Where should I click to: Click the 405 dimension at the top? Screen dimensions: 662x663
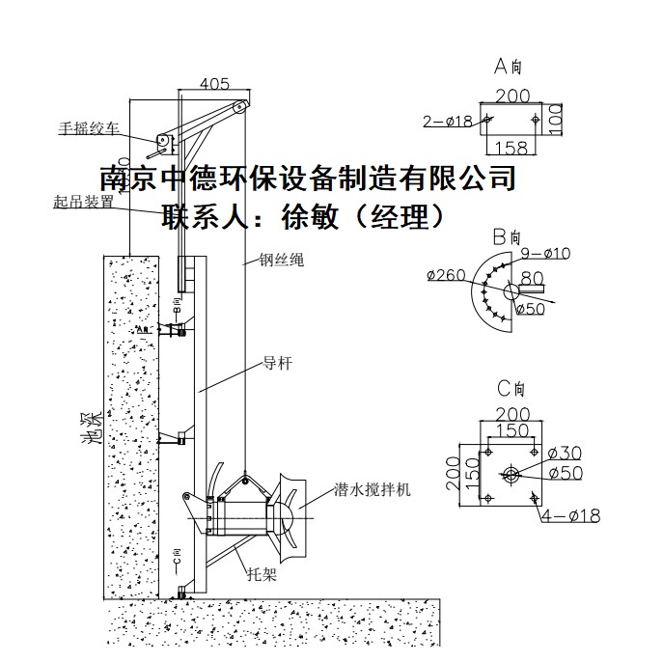(x=214, y=84)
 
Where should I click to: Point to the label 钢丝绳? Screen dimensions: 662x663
(x=281, y=261)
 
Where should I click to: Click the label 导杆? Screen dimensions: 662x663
(x=276, y=364)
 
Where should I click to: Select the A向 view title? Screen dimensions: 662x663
(x=508, y=67)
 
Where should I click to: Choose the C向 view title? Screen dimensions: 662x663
(x=509, y=390)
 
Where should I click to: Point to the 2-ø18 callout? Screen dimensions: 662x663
(x=447, y=122)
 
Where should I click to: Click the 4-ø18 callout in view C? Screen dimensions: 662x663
(x=570, y=517)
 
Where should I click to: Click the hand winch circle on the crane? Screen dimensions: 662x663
(x=164, y=143)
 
